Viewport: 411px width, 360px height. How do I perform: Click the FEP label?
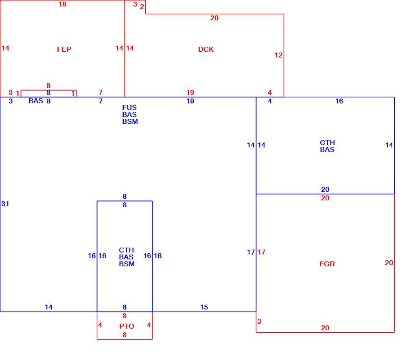click(x=64, y=49)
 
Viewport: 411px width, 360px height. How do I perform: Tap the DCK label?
click(x=206, y=49)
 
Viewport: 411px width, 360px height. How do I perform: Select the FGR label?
click(x=327, y=264)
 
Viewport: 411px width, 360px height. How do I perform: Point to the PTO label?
click(x=127, y=326)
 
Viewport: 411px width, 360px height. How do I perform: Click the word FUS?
click(x=129, y=108)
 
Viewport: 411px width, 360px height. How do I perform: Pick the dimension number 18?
click(x=62, y=4)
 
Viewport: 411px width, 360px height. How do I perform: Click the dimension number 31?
click(x=5, y=204)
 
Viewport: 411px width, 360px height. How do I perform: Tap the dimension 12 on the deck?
click(x=278, y=55)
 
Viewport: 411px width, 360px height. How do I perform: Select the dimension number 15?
click(x=204, y=307)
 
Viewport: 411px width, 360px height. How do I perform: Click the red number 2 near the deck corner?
click(x=142, y=7)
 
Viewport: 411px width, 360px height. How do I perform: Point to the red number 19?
click(x=190, y=92)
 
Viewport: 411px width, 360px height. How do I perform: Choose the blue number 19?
click(x=190, y=101)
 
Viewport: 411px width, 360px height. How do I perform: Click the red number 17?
click(x=261, y=252)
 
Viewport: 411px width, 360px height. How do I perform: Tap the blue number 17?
click(x=251, y=252)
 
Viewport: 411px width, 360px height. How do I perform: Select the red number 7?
click(x=101, y=92)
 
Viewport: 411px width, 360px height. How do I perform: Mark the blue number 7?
click(x=101, y=101)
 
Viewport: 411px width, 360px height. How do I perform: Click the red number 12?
click(x=278, y=55)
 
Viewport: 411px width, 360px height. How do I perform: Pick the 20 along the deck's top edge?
click(x=214, y=18)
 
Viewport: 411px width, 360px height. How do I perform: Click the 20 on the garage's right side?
click(x=389, y=263)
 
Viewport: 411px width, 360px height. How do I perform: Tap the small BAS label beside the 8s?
click(x=36, y=101)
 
